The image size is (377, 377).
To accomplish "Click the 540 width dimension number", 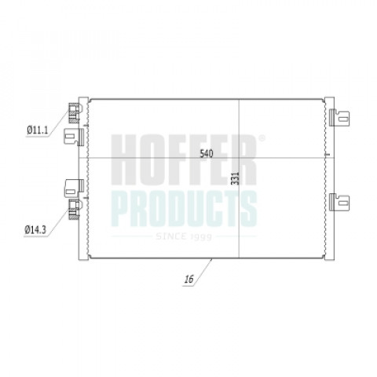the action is (207, 153).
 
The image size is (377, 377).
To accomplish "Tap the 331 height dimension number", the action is (236, 178).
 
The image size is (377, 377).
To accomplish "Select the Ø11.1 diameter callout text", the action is (38, 130).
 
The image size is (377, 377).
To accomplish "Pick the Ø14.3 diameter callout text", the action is (35, 230).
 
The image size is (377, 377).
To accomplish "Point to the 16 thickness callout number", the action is (188, 280).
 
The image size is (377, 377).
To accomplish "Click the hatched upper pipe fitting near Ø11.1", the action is (74, 113).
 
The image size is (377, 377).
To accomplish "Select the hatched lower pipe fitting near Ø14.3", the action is (74, 210).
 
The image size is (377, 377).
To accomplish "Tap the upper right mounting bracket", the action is (339, 118).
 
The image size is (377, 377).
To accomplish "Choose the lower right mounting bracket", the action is (339, 202).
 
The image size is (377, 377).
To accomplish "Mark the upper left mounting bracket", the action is (74, 137).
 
